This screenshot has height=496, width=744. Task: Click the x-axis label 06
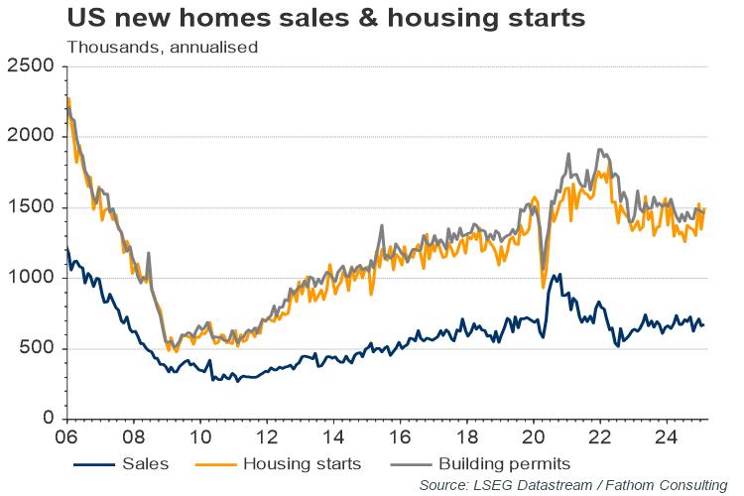tap(68, 435)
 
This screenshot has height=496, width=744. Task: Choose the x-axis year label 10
tap(199, 435)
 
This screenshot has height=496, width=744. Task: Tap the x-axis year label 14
tap(334, 435)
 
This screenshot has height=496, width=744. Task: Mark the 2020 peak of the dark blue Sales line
tap(560, 274)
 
